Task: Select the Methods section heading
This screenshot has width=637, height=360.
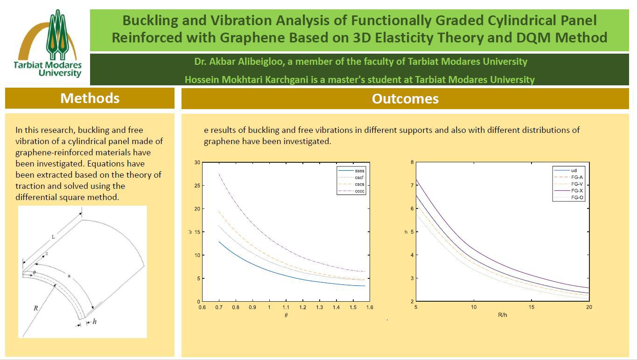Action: tap(90, 98)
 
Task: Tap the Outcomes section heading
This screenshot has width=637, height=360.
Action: tap(405, 99)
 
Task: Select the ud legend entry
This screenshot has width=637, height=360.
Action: tap(574, 171)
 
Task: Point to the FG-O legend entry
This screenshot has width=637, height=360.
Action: tap(577, 198)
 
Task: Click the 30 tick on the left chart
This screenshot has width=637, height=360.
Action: tap(197, 163)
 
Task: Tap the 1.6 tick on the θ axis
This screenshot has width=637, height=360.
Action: tap(369, 308)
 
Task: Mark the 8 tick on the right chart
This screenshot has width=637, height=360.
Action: tap(412, 162)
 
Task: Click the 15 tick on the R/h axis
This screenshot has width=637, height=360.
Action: tap(532, 307)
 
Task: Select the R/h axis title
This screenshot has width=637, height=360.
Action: tap(502, 315)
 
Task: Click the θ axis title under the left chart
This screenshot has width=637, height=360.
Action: tap(286, 315)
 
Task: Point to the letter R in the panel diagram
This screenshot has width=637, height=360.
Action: tap(35, 308)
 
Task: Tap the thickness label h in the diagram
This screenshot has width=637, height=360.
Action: tap(94, 321)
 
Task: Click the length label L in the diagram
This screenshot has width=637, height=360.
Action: tap(53, 237)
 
